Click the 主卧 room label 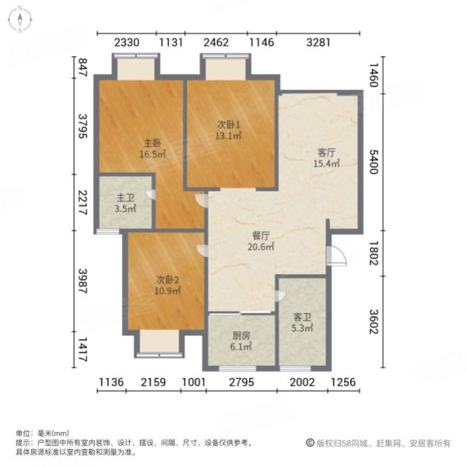point(151,142)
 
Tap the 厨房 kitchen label point(241,338)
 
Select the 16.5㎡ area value point(151,154)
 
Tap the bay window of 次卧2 point(160,343)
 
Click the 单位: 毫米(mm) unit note point(42,433)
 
